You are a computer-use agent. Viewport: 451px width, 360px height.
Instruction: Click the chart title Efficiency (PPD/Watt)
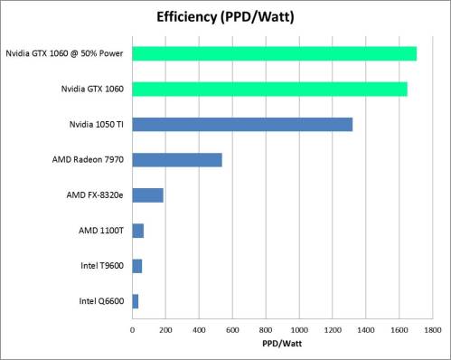[226, 15]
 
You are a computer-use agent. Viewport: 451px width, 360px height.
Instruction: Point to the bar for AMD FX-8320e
[147, 195]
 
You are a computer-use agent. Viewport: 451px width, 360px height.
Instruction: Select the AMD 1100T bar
[137, 231]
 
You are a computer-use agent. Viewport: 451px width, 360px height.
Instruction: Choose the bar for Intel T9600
[136, 266]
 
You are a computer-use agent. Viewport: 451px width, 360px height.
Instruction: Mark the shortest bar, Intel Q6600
[135, 301]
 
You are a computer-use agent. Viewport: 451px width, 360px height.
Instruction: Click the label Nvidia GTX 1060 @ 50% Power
[64, 53]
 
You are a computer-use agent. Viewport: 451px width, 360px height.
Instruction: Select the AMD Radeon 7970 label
[89, 160]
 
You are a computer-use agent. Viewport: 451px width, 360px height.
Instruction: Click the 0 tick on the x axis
[132, 329]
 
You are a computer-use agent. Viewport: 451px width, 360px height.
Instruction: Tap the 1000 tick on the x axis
[299, 329]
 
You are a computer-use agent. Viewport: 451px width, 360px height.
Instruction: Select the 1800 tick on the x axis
[432, 329]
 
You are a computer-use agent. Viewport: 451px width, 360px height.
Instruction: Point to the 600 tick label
[232, 329]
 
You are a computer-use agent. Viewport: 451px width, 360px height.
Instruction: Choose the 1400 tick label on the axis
[366, 329]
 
